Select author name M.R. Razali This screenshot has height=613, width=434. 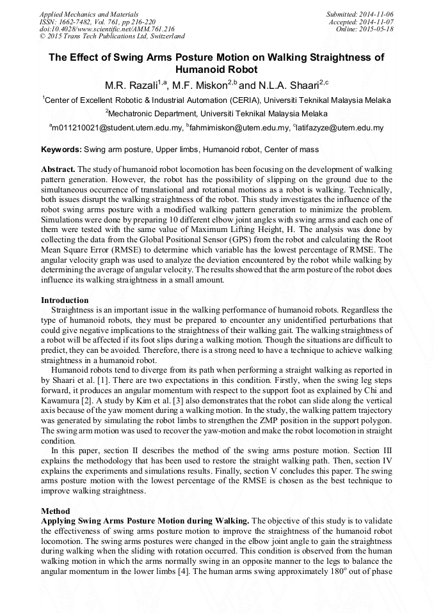(131, 84)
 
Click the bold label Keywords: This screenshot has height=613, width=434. (61, 150)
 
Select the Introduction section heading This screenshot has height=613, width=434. (65, 300)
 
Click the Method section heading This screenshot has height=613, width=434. (55, 511)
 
